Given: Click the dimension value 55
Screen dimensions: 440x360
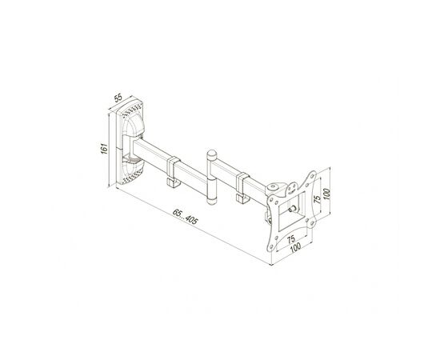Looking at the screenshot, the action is [118, 98].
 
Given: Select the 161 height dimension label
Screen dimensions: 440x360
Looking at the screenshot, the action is [104, 149].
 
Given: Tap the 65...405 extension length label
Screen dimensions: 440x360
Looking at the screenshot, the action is [186, 216].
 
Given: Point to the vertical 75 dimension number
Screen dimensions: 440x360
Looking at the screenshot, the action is [318, 199].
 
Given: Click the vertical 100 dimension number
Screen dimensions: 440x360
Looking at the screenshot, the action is [326, 194].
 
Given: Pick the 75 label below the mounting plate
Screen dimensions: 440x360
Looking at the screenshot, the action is [291, 239].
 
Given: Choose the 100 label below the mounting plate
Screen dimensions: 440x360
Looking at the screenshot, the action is [295, 247].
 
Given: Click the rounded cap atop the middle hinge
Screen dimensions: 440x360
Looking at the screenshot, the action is [211, 154].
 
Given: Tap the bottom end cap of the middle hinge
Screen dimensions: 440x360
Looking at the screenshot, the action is [211, 201].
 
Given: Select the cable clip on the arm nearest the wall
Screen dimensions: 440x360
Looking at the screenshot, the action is [174, 171].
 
